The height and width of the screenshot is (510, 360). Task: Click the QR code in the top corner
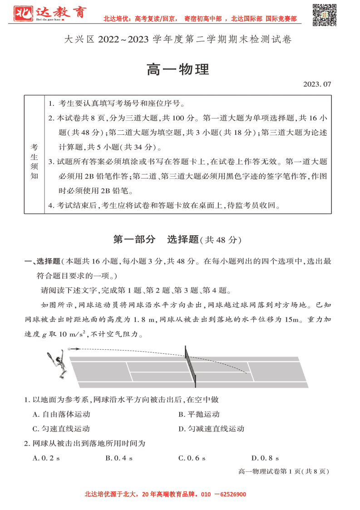pyautogui.click(x=325, y=15)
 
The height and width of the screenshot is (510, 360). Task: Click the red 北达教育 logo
pyautogui.click(x=49, y=14)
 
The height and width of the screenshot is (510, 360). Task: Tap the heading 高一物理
pyautogui.click(x=178, y=70)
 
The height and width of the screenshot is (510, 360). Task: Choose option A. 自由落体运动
pyautogui.click(x=61, y=414)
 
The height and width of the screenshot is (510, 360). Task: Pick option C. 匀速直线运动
pyautogui.click(x=61, y=429)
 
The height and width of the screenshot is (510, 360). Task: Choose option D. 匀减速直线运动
pyautogui.click(x=211, y=429)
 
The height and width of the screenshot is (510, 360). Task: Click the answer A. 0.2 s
pyautogui.click(x=47, y=458)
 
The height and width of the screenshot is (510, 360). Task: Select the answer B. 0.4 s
pyautogui.click(x=119, y=458)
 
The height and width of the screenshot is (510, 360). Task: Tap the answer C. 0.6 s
pyautogui.click(x=192, y=458)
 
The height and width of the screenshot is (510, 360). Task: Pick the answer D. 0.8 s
pyautogui.click(x=265, y=458)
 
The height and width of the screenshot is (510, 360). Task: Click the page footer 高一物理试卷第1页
pyautogui.click(x=283, y=471)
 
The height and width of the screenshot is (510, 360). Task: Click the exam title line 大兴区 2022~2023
pyautogui.click(x=178, y=40)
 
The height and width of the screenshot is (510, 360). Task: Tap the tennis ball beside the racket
pyautogui.click(x=69, y=349)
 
